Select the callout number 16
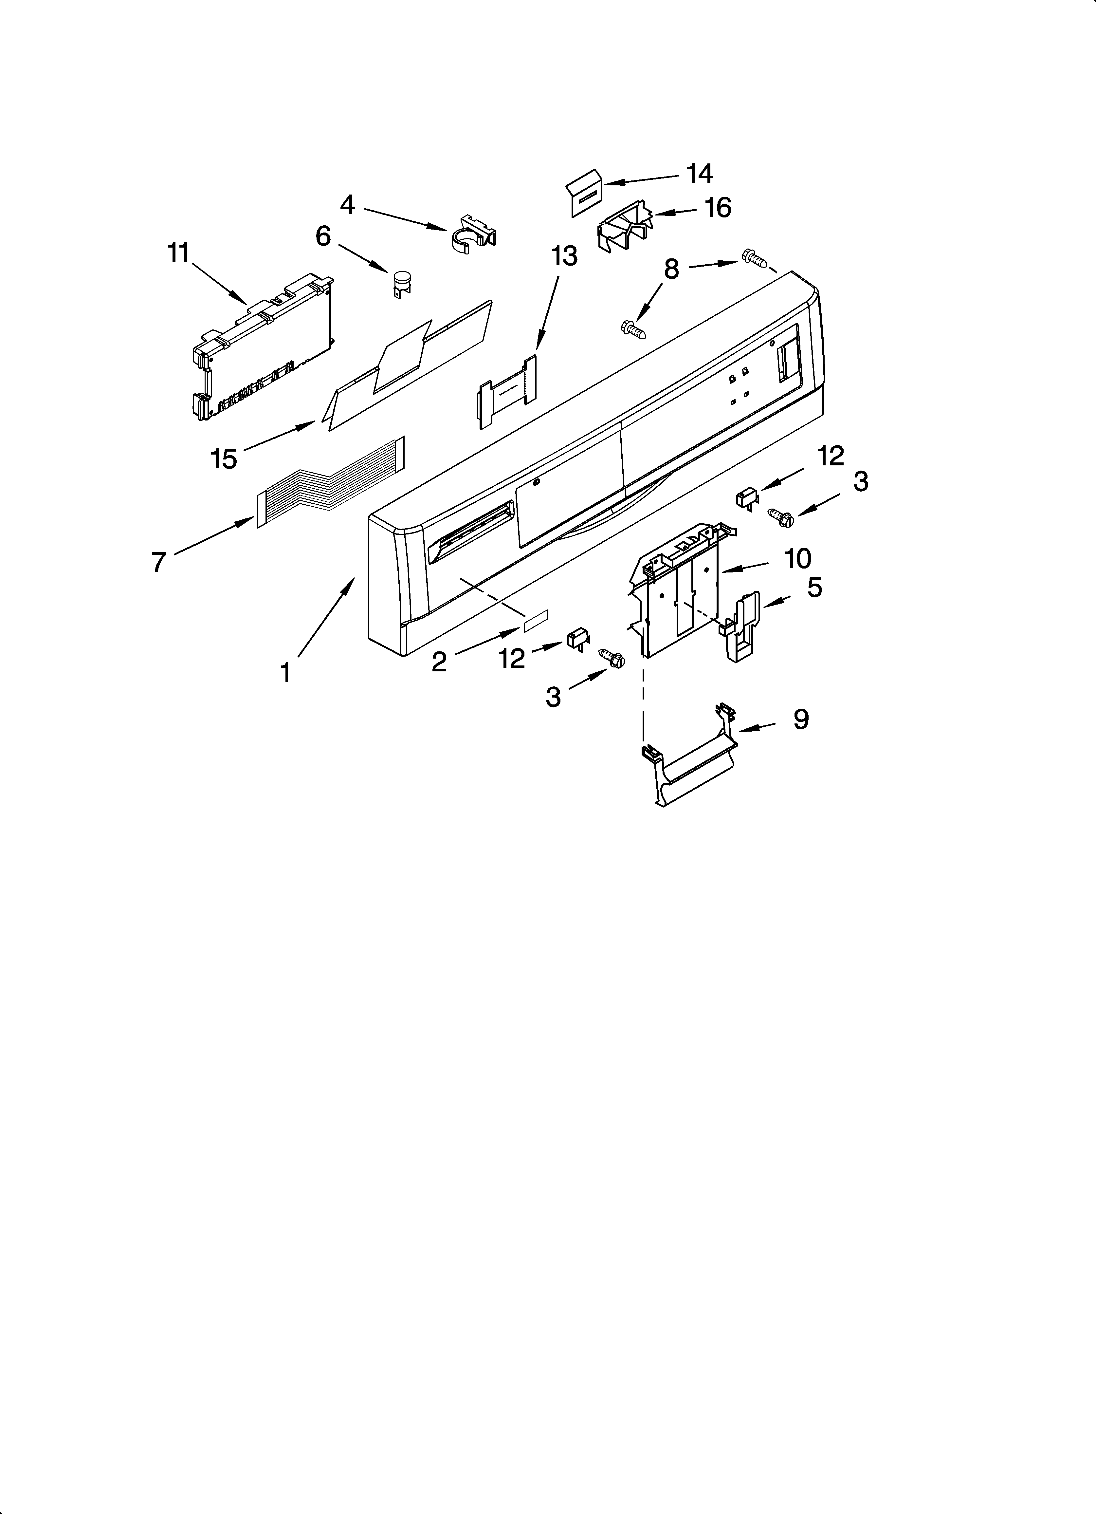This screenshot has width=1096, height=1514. pos(718,208)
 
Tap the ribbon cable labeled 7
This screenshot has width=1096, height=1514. pos(330,481)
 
